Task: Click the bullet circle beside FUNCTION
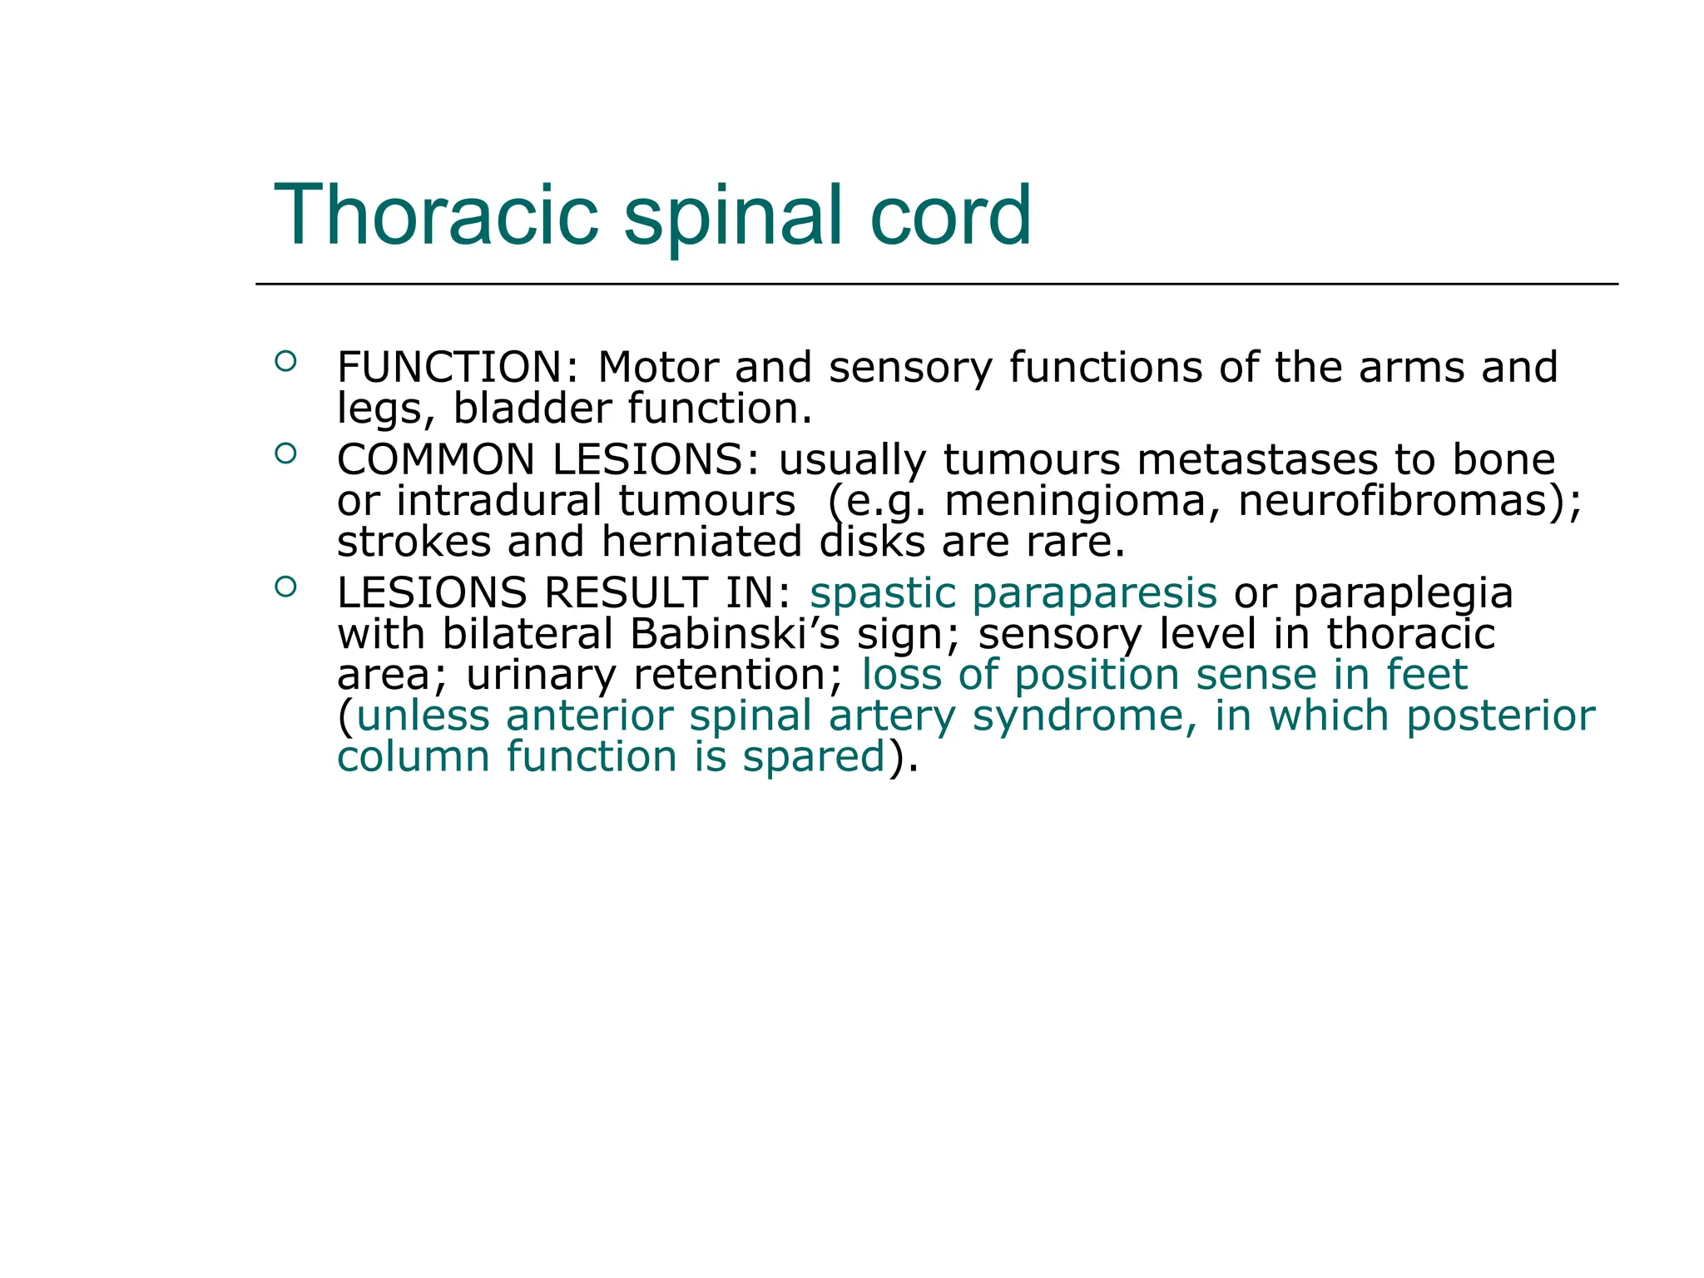pyautogui.click(x=285, y=361)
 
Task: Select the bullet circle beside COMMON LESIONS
pyautogui.click(x=285, y=453)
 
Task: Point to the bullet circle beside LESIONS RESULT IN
pyautogui.click(x=285, y=587)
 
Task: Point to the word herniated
pyautogui.click(x=702, y=542)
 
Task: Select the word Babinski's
pyautogui.click(x=735, y=634)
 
